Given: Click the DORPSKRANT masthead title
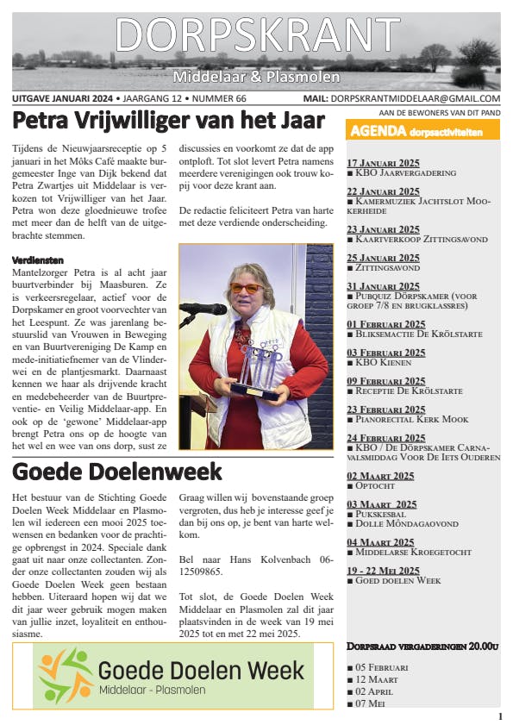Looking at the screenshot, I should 256,34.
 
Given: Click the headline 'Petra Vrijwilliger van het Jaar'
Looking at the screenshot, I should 170,119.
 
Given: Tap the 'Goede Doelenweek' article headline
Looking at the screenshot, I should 118,472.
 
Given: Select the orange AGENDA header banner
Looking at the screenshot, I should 422,132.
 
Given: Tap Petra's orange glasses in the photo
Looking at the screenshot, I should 246,287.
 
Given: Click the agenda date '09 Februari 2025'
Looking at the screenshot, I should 385,381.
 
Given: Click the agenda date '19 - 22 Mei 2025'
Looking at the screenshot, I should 383,570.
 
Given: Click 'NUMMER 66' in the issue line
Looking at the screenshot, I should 231,98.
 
